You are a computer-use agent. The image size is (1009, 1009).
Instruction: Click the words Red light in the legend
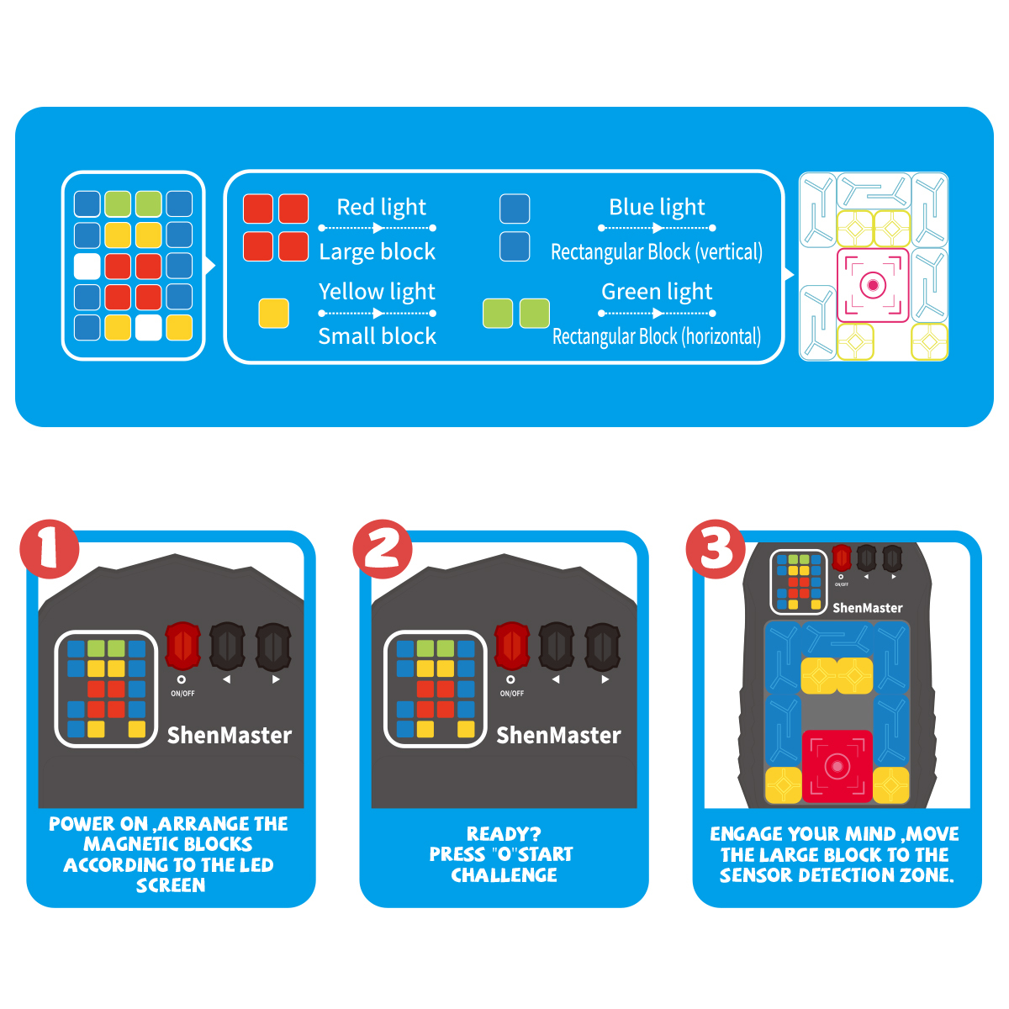point(381,207)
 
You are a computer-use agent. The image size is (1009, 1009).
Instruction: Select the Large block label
point(377,251)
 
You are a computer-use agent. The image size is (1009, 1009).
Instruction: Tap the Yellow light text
point(377,292)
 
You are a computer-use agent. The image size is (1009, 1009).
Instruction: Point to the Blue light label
point(657,207)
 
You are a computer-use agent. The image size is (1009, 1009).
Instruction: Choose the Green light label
point(657,292)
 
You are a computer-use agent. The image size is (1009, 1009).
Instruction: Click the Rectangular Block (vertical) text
point(657,252)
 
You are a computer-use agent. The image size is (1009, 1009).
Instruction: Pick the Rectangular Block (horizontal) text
point(657,336)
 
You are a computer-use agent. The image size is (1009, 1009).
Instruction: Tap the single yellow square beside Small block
point(273,314)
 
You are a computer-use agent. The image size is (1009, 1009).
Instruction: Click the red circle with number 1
point(50,549)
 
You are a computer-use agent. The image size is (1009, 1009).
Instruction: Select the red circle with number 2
point(383,549)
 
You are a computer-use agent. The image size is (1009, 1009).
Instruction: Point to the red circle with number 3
point(716,549)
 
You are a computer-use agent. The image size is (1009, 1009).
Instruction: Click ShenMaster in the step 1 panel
point(229,736)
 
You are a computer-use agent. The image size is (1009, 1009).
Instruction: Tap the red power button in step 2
point(511,646)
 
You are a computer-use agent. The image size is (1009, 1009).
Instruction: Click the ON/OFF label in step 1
point(182,694)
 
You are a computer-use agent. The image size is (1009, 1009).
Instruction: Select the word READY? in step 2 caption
point(504,834)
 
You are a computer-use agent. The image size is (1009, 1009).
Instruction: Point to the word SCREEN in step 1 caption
point(171,885)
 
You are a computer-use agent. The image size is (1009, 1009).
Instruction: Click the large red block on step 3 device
point(836,765)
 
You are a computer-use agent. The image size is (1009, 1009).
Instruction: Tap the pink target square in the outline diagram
point(873,285)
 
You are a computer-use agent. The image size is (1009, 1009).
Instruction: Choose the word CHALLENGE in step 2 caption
point(504,875)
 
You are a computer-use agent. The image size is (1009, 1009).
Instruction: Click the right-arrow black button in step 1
point(273,646)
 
